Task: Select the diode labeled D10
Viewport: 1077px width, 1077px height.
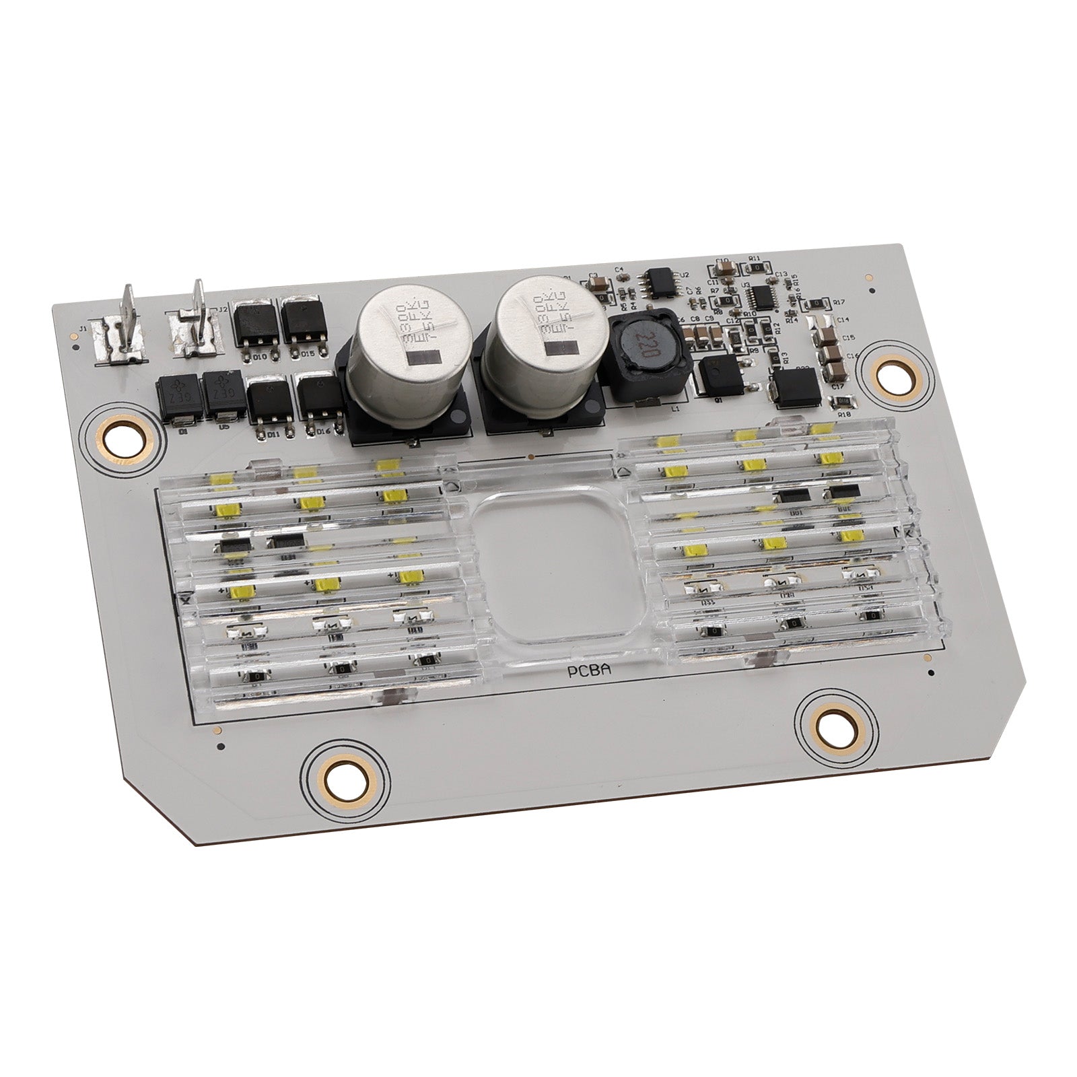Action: click(252, 328)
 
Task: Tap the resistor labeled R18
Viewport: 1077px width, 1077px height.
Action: click(842, 402)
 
